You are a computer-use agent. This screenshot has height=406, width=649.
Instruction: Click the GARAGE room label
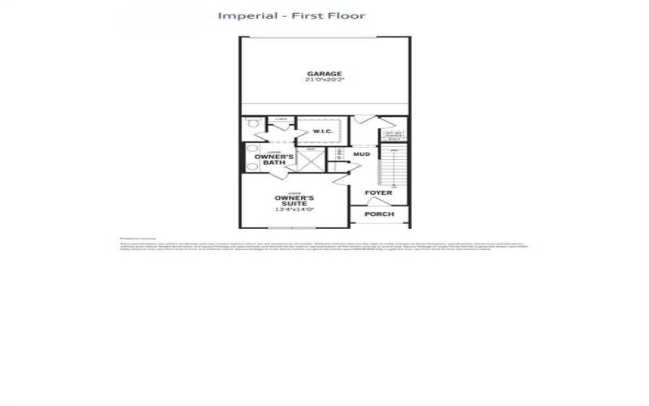click(324, 74)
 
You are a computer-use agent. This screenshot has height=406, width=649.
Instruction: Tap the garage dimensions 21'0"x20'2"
click(324, 81)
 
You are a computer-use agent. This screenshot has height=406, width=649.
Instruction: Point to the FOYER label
click(378, 192)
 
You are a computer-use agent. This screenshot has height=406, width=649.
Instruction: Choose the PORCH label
click(379, 214)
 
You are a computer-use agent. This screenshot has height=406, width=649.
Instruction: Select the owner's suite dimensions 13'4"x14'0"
click(294, 210)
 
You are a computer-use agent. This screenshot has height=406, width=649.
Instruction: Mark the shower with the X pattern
click(311, 161)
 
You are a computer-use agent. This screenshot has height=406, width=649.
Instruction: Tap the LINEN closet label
click(282, 120)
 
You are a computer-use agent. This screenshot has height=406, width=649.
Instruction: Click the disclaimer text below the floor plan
click(324, 245)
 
